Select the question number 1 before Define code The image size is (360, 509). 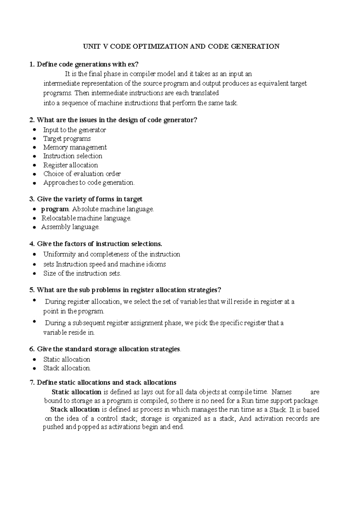(x=31, y=64)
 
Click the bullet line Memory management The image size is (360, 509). (x=75, y=147)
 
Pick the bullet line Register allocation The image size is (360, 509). (x=70, y=165)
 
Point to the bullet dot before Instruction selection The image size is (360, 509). (x=35, y=156)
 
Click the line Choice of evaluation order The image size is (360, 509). (x=82, y=174)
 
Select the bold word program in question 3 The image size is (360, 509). (x=55, y=209)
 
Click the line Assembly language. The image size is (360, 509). (x=70, y=227)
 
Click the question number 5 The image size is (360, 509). (x=31, y=290)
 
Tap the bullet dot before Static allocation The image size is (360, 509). (x=35, y=360)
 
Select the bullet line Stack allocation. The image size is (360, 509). (x=67, y=368)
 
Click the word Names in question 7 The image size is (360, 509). (x=281, y=392)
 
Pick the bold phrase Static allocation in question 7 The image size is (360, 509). (x=76, y=392)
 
